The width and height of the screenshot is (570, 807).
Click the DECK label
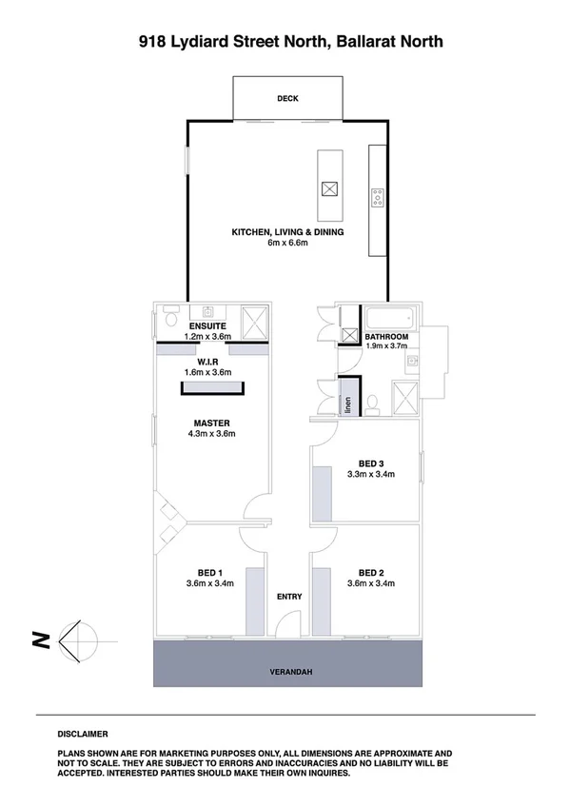coord(287,98)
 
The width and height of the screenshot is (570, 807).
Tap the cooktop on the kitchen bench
coord(378,197)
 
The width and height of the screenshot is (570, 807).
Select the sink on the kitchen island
coord(328,188)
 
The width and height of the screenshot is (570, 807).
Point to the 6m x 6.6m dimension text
coord(287,244)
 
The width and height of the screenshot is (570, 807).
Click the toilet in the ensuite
coord(170,312)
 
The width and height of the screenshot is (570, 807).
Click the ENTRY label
coord(289,597)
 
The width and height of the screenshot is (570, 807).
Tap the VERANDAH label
coord(286,672)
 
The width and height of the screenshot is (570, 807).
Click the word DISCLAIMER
coord(83,734)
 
